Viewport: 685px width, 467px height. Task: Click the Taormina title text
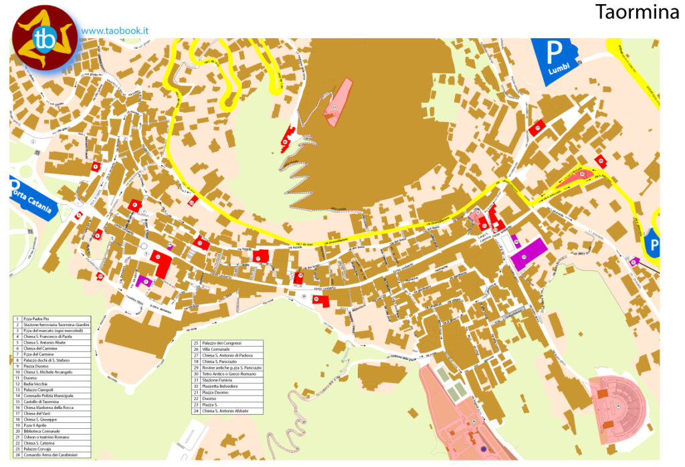[x=636, y=13]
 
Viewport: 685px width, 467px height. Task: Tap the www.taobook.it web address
[x=114, y=31]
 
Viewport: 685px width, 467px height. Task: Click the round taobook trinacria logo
[x=45, y=37]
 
